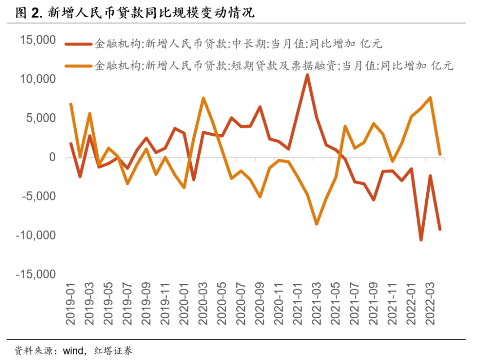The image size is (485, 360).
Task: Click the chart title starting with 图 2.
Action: click(135, 13)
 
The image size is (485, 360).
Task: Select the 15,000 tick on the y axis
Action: click(37, 40)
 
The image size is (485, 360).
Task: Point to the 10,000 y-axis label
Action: click(37, 80)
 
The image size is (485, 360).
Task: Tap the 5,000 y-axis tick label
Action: click(40, 119)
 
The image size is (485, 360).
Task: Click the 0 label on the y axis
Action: click(52, 157)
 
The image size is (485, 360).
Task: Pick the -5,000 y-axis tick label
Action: click(38, 196)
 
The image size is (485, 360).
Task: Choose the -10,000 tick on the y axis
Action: click(35, 236)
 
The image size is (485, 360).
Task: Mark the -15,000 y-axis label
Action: click(35, 275)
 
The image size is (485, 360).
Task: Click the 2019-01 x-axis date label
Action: click(71, 304)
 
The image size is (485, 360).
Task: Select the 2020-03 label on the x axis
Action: click(203, 304)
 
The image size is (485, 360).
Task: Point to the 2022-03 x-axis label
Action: click(431, 304)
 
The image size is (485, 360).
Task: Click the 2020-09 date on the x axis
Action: click(260, 304)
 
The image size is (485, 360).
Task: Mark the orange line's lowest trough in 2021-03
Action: click(317, 223)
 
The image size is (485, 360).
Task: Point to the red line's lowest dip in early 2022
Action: click(421, 240)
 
